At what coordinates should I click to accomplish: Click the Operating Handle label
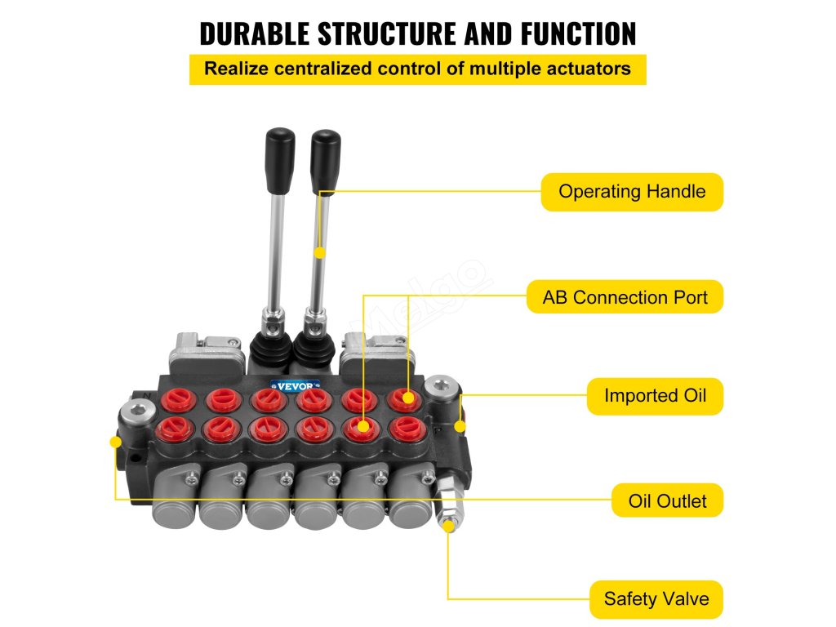(x=631, y=192)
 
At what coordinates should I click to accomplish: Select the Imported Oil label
(x=655, y=396)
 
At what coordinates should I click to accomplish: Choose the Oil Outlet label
(x=667, y=500)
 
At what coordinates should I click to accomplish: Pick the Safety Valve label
(x=656, y=599)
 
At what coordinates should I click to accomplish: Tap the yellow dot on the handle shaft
(x=320, y=253)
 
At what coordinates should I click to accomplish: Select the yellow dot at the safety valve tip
(x=448, y=527)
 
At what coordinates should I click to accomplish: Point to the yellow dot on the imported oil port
(x=460, y=426)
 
